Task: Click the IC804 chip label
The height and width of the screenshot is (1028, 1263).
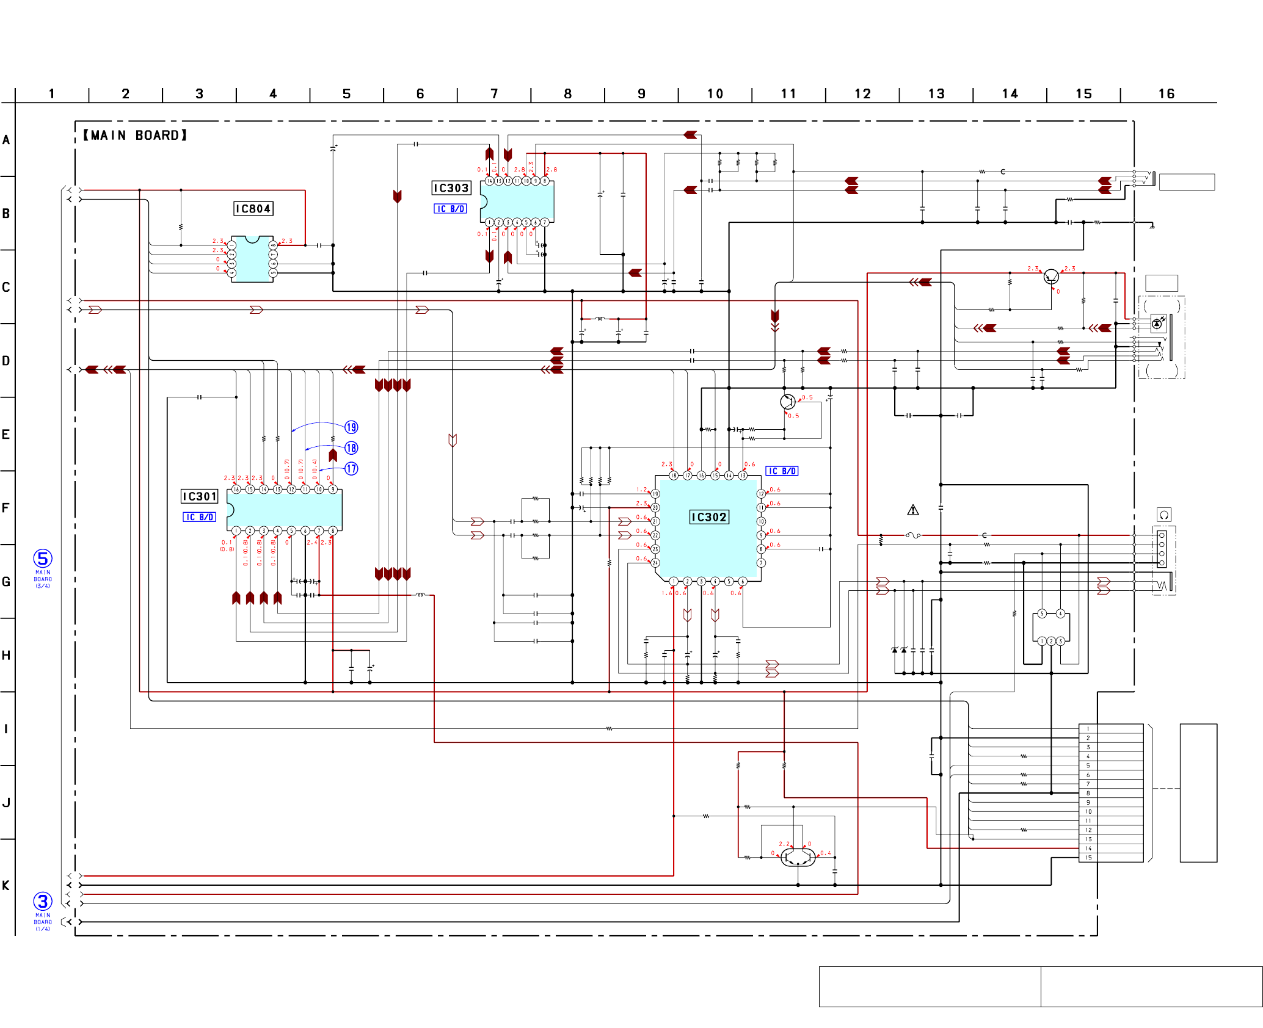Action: [x=253, y=209]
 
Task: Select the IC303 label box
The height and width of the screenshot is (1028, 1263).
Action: [x=451, y=188]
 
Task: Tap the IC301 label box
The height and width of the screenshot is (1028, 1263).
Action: [x=200, y=496]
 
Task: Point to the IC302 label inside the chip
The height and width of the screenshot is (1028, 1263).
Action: [x=709, y=517]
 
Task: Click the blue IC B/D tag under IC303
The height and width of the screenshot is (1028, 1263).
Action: [x=451, y=209]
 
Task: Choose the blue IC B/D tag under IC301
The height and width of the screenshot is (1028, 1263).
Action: [x=200, y=517]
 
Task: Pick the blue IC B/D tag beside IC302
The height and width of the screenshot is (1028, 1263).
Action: [x=782, y=471]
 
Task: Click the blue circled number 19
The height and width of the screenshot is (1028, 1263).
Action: [x=351, y=427]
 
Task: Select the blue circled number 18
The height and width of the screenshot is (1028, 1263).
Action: [x=351, y=448]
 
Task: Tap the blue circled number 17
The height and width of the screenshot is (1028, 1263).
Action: [x=351, y=469]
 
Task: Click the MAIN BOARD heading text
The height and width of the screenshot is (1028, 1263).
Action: [x=135, y=136]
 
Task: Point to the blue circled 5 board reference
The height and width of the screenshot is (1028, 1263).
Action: [x=43, y=559]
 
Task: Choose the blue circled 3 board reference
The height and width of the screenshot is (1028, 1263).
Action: [x=43, y=902]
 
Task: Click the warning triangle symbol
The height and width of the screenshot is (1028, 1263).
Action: [x=913, y=510]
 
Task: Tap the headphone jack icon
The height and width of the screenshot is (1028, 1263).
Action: [x=1164, y=515]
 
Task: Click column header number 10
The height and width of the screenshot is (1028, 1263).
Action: [x=715, y=94]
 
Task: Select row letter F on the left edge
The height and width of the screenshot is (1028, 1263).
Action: [x=6, y=508]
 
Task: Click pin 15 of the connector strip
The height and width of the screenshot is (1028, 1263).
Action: [x=1088, y=858]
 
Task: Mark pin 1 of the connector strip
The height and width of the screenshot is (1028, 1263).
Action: [x=1088, y=729]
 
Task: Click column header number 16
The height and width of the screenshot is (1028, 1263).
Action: [x=1167, y=94]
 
